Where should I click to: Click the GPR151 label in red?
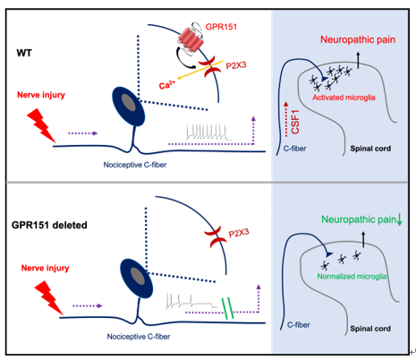coord(221,27)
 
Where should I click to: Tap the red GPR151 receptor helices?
coord(191,39)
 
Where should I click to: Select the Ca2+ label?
coord(167,85)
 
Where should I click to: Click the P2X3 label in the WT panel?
coord(236,65)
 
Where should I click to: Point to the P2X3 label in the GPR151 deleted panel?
coord(239,233)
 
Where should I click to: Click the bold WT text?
coord(24,53)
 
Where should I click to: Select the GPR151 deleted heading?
coord(49,225)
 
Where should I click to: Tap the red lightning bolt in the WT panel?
coord(41,125)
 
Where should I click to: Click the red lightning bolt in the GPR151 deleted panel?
coord(49,297)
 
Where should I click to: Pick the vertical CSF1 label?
coord(295,122)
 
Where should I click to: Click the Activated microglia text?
coord(344,98)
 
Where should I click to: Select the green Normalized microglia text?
coord(352,277)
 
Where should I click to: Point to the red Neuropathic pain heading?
coord(358,39)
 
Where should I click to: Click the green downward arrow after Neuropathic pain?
coord(400,220)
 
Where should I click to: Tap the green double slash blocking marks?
coord(227,308)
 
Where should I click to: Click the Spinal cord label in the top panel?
coord(370,149)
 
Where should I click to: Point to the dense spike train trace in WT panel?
coord(208,133)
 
